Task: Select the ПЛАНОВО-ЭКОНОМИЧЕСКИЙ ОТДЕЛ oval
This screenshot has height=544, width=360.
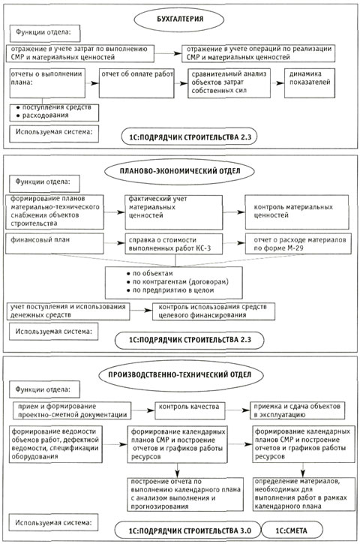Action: (x=180, y=171)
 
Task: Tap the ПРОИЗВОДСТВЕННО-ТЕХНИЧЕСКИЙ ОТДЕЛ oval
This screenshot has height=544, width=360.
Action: (x=180, y=374)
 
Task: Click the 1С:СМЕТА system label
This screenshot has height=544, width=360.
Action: (x=292, y=530)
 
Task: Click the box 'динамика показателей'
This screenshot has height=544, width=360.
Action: (x=310, y=83)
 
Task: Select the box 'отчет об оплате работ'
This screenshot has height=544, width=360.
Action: (x=136, y=83)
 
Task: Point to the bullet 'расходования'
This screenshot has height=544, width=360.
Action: (x=46, y=116)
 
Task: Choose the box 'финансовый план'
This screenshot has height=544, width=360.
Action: (x=55, y=243)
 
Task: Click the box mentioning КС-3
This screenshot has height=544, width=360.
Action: (x=174, y=245)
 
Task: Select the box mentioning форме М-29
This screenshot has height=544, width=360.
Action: (x=298, y=244)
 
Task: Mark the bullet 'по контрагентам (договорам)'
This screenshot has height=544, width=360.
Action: (x=178, y=281)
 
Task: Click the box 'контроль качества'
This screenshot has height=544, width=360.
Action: (x=189, y=410)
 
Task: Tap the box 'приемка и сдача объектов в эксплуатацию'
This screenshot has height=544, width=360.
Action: (x=298, y=410)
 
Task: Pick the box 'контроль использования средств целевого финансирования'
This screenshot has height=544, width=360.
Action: (x=214, y=311)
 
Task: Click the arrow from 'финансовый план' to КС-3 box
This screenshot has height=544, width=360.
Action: (x=115, y=243)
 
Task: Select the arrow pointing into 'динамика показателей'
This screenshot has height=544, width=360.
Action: (x=277, y=83)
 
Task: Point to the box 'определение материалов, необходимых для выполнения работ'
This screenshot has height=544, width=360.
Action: (x=304, y=494)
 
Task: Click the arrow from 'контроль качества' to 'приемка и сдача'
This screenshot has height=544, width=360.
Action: (x=238, y=410)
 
